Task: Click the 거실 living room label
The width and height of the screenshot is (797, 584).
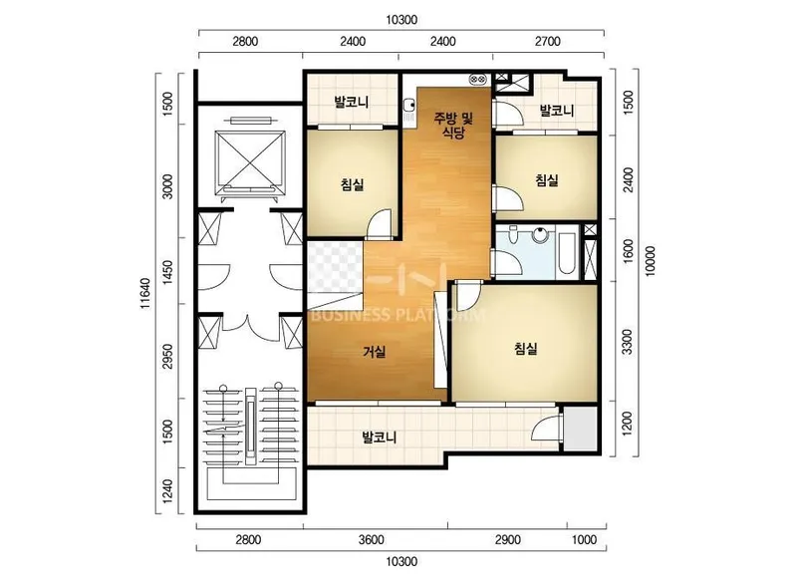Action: click(375, 352)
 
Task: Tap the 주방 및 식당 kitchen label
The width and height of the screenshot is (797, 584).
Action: click(453, 126)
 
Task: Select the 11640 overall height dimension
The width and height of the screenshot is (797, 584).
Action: click(145, 293)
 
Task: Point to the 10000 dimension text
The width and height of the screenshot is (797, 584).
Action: click(651, 261)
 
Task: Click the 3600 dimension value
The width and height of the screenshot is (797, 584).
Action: click(371, 540)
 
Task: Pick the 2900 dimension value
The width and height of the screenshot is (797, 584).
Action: click(508, 540)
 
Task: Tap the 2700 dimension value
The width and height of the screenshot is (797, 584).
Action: click(547, 41)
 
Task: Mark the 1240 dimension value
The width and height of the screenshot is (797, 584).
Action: click(167, 491)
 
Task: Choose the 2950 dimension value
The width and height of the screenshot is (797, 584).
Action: click(167, 357)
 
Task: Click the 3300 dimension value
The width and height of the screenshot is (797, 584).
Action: click(628, 342)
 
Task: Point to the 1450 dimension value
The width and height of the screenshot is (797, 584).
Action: click(167, 272)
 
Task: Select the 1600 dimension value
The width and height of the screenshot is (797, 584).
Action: click(628, 251)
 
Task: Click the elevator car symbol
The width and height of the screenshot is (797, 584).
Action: click(250, 161)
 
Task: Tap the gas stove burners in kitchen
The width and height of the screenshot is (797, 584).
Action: click(478, 79)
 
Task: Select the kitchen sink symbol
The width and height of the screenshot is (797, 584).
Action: click(408, 106)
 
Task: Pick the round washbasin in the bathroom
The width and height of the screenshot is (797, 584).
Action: click(539, 235)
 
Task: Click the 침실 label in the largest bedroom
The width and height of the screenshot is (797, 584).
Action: click(526, 349)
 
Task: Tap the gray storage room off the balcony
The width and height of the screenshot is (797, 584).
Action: click(580, 428)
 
